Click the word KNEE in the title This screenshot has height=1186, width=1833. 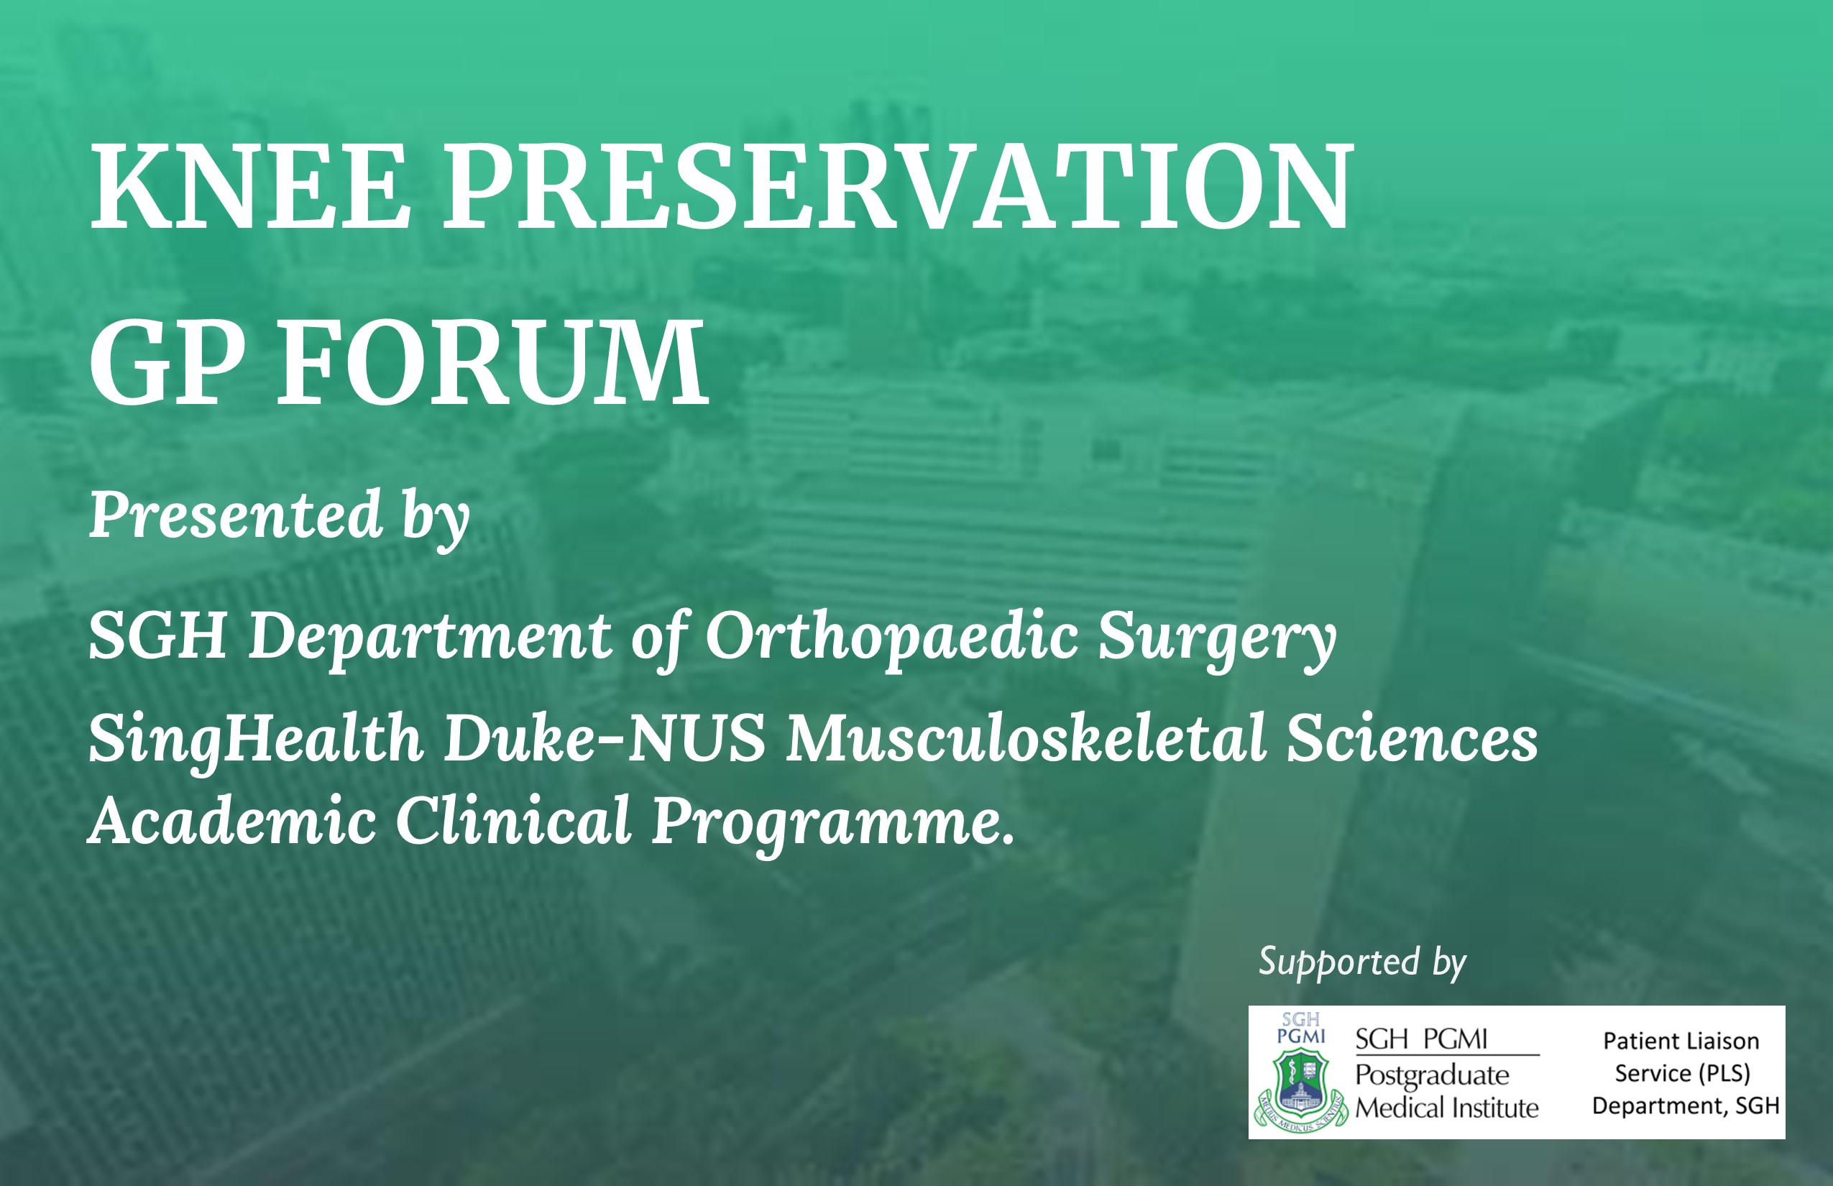point(250,186)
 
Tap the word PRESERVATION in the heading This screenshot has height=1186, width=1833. point(898,186)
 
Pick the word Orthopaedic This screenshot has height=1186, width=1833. point(892,638)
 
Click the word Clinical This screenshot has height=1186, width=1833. point(514,820)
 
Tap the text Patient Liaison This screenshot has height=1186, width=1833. point(1681,1042)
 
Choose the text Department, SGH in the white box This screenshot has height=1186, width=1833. point(1686,1107)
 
